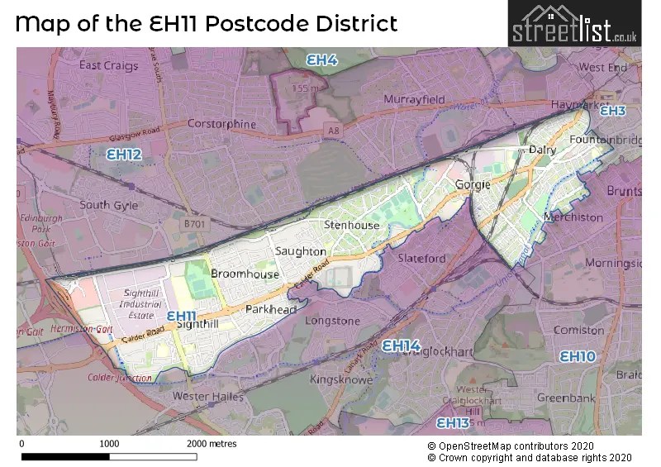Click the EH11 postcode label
point(181,316)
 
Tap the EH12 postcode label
point(124,154)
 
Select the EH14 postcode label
point(401,345)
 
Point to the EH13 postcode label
point(452,422)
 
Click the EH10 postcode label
point(577,356)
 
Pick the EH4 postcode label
point(321,60)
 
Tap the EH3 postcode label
point(612,111)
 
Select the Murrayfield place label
point(414,99)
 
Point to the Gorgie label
point(473,184)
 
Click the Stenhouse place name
point(352,225)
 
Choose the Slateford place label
point(421,258)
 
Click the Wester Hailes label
point(207,397)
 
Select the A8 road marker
point(332,129)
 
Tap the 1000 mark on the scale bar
point(109,444)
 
